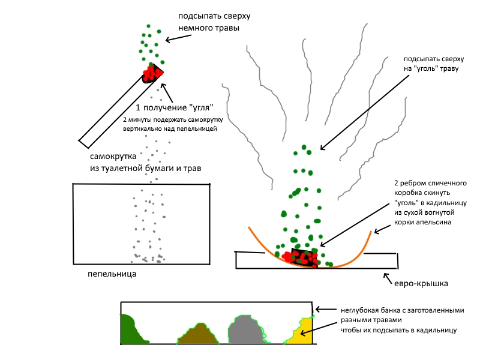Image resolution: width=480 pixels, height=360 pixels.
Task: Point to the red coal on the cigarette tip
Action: click(151, 74)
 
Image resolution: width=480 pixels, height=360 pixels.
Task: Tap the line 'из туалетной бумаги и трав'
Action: click(145, 170)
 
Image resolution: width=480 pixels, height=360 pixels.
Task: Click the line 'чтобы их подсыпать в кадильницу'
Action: click(399, 329)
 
